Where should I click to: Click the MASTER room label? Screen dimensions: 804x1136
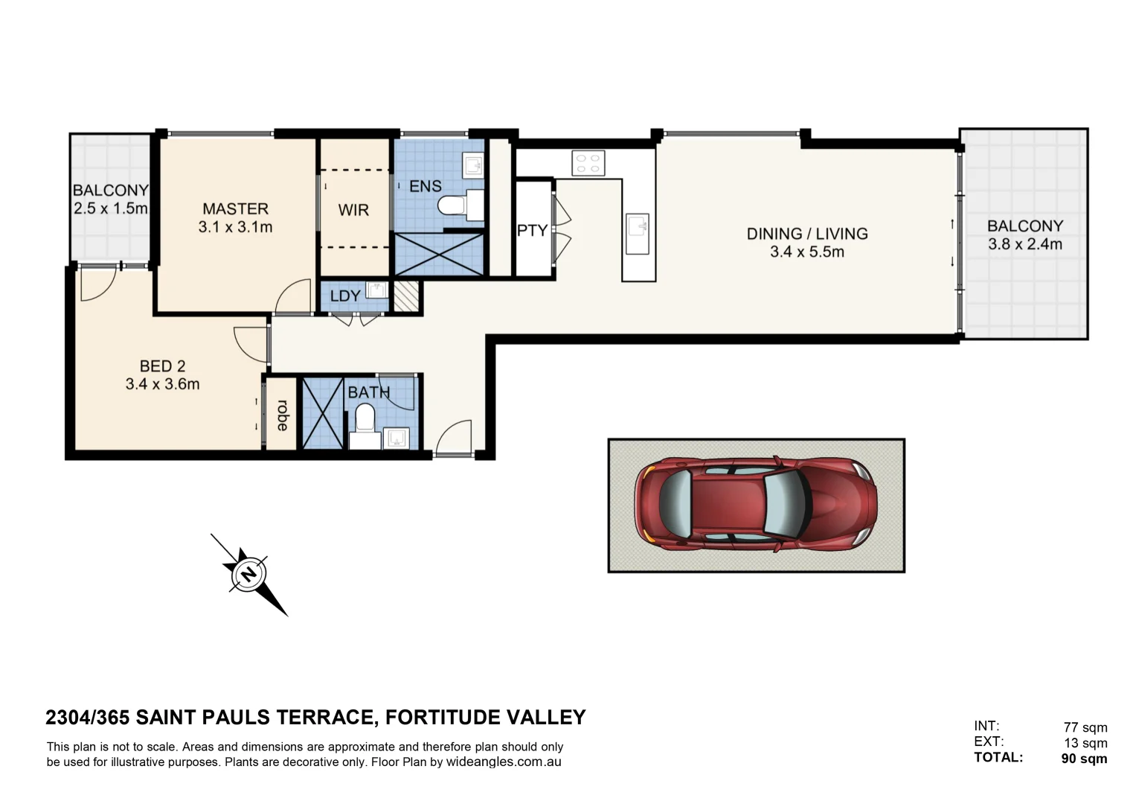pyautogui.click(x=235, y=209)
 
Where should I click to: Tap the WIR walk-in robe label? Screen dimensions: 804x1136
pyautogui.click(x=353, y=211)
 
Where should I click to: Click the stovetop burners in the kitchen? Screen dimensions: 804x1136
pyautogui.click(x=588, y=163)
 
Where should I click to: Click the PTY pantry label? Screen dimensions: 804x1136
pyautogui.click(x=532, y=231)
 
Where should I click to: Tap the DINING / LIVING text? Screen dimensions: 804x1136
pyautogui.click(x=807, y=234)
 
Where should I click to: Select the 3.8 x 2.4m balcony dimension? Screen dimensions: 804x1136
pyautogui.click(x=1024, y=244)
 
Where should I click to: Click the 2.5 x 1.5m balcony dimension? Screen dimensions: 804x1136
pyautogui.click(x=110, y=208)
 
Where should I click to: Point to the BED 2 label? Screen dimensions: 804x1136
pyautogui.click(x=162, y=366)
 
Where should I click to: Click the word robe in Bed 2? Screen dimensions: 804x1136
pyautogui.click(x=283, y=415)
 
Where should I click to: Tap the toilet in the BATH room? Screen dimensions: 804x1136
pyautogui.click(x=365, y=419)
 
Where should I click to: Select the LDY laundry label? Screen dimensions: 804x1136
pyautogui.click(x=345, y=296)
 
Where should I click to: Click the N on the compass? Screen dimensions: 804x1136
pyautogui.click(x=248, y=574)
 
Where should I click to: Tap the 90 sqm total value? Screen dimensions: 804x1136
pyautogui.click(x=1084, y=759)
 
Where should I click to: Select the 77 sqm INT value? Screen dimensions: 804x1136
pyautogui.click(x=1085, y=727)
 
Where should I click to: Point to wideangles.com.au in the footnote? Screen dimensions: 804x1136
pyautogui.click(x=504, y=762)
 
